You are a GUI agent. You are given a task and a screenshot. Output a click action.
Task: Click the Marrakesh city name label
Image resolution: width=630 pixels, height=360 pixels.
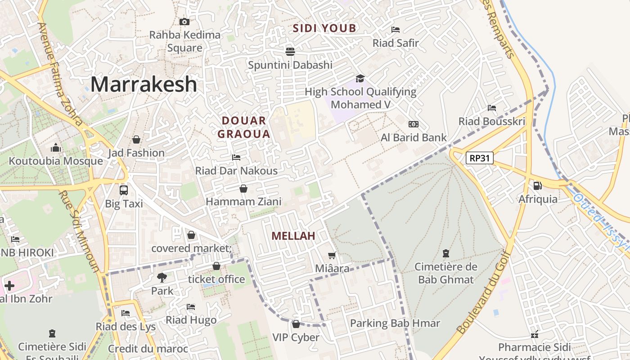click(144, 84)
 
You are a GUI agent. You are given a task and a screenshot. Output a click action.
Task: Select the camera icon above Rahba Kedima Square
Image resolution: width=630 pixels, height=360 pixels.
click(184, 22)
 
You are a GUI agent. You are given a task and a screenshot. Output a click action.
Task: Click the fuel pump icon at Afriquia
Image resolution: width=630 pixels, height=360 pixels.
click(537, 185)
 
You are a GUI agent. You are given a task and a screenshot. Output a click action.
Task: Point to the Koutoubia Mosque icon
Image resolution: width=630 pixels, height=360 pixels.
click(56, 148)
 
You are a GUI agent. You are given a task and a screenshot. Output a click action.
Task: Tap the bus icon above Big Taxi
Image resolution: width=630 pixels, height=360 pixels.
click(124, 190)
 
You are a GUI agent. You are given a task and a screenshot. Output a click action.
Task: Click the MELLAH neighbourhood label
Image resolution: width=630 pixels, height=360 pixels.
click(293, 236)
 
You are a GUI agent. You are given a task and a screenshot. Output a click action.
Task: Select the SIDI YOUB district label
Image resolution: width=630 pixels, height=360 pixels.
click(324, 28)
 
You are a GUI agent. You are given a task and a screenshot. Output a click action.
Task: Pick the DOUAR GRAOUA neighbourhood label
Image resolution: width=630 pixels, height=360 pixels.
click(244, 127)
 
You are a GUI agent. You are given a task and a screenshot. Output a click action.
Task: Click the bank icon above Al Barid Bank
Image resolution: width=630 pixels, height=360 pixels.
click(413, 124)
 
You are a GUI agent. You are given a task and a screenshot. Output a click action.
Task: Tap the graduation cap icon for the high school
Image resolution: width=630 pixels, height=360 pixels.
click(360, 79)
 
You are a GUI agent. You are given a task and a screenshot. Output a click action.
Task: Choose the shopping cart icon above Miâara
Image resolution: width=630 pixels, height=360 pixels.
click(332, 256)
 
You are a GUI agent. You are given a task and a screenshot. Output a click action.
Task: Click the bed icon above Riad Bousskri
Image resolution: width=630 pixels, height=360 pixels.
click(492, 108)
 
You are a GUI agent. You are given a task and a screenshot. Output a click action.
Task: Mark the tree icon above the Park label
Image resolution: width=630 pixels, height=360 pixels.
click(162, 277)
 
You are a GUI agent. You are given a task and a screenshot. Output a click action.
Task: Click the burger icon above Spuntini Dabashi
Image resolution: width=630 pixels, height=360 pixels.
click(290, 51)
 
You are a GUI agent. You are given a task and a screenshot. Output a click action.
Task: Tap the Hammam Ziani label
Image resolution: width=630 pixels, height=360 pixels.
click(243, 202)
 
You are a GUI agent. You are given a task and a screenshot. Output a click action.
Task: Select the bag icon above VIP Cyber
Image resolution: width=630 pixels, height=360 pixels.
click(296, 324)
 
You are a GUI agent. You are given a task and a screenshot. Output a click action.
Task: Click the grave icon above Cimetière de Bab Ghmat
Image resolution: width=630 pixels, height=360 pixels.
click(446, 253)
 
